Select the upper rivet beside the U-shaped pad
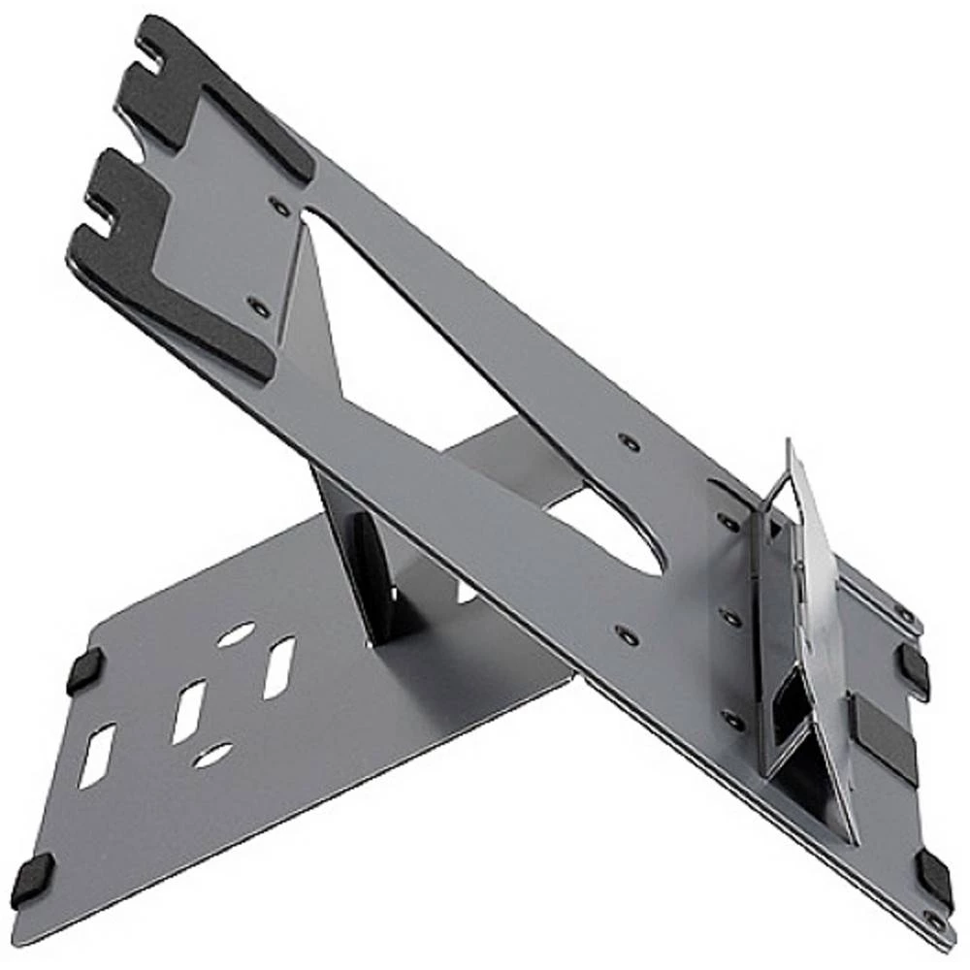[279, 207]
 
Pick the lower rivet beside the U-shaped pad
[258, 307]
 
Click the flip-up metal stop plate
[824, 601]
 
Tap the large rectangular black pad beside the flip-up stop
[885, 737]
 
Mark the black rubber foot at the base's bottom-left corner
[34, 881]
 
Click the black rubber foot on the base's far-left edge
[84, 669]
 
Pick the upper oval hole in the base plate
[236, 634]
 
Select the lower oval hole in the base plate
[211, 755]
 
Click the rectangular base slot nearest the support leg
[278, 667]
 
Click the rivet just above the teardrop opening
[629, 443]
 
